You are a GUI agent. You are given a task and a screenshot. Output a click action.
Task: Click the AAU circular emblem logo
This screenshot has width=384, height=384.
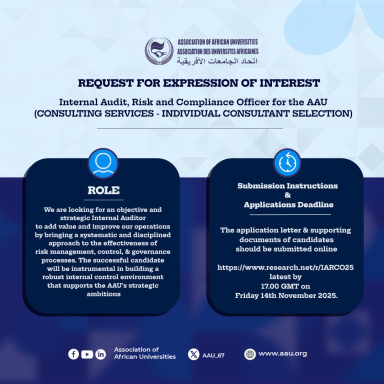click(159, 51)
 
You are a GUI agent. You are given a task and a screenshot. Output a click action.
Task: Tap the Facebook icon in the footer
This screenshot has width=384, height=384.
click(73, 354)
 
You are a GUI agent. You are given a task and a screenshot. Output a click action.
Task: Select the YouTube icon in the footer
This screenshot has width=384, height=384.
click(87, 354)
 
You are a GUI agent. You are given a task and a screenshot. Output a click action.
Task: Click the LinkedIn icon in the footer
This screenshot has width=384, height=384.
click(100, 354)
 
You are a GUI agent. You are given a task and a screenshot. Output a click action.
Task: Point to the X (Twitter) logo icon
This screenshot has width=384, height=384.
click(193, 354)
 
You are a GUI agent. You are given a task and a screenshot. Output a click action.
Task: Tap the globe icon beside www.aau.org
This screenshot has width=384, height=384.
click(250, 354)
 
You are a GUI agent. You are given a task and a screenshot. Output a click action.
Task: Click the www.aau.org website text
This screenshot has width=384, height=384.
click(282, 353)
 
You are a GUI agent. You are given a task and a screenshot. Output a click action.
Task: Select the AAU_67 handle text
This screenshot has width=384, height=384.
click(213, 355)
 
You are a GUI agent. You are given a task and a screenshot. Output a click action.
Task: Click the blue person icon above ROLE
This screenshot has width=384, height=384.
click(103, 163)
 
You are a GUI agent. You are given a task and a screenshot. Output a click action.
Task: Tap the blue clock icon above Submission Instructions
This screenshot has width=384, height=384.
click(287, 162)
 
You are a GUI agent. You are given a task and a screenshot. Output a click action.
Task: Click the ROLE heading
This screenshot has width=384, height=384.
click(103, 190)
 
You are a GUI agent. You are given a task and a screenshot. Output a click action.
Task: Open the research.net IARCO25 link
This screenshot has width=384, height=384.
click(285, 267)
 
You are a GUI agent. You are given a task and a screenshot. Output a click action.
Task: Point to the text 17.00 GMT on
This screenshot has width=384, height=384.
click(285, 286)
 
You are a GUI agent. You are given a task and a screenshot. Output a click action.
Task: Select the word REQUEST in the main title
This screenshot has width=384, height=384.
click(106, 83)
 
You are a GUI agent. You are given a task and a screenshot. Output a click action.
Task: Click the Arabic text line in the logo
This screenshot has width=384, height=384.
click(217, 60)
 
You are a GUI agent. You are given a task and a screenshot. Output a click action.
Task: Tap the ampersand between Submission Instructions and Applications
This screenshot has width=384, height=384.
click(288, 195)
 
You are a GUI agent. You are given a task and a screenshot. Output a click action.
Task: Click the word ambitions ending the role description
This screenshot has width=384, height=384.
click(103, 294)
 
